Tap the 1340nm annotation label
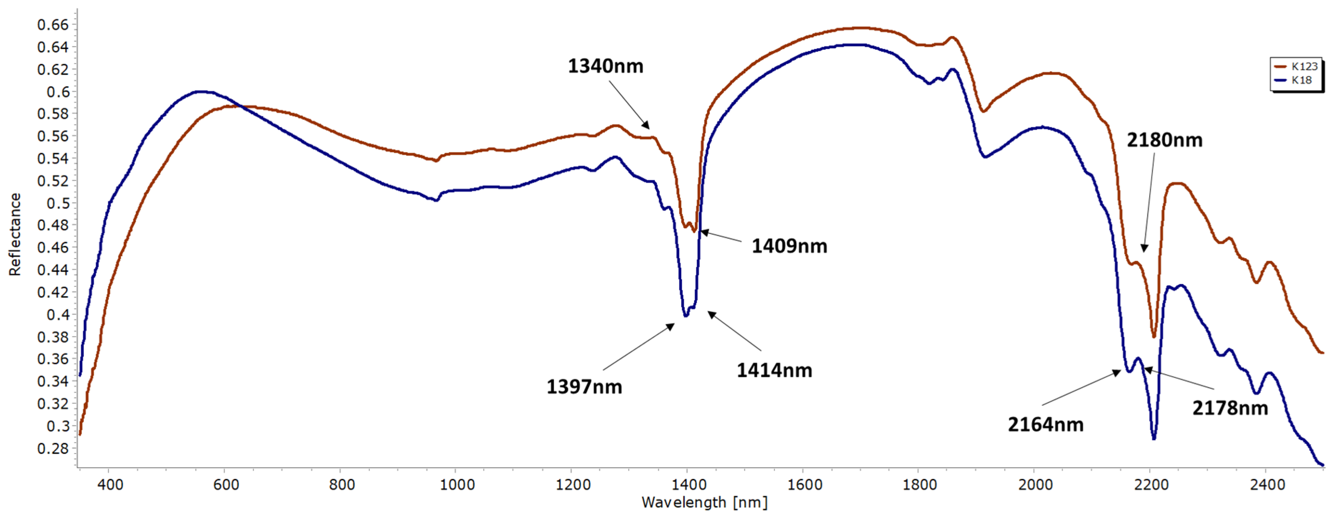(605, 67)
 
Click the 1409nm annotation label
(789, 246)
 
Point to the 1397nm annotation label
(584, 387)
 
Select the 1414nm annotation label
(774, 370)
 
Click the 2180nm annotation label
(1164, 140)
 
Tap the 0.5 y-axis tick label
(58, 203)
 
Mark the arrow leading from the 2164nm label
(1081, 388)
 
